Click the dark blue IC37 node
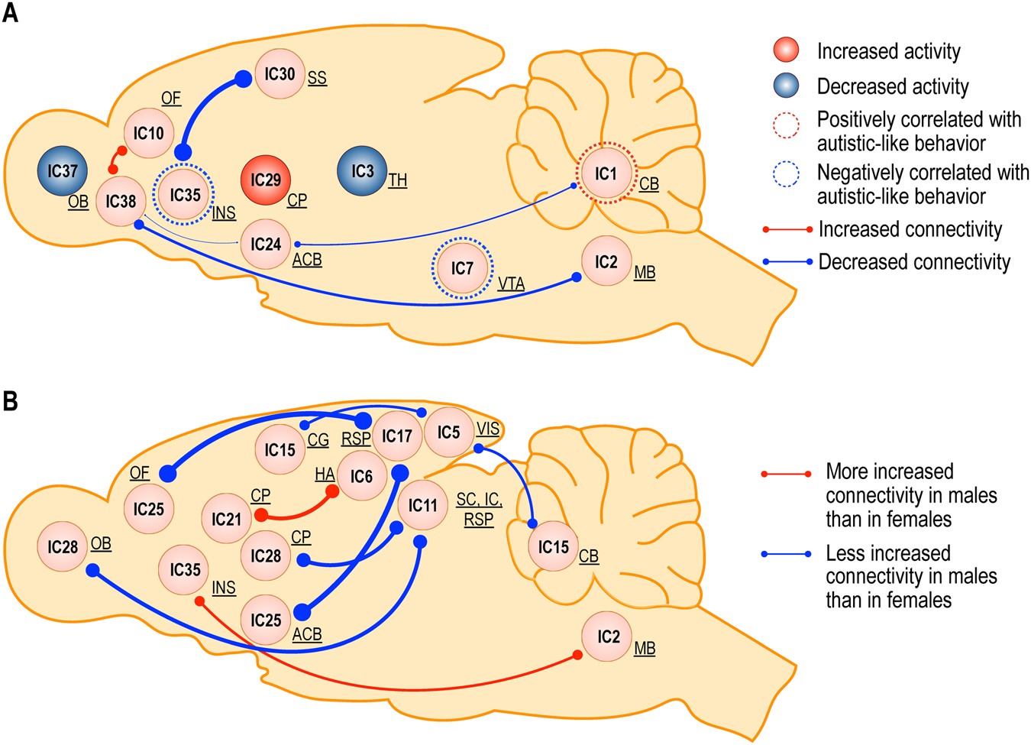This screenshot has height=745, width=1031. tap(63, 171)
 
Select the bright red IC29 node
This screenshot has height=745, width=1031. tap(266, 180)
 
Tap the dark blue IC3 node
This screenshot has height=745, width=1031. tap(362, 171)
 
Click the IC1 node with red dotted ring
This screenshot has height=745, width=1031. tap(606, 173)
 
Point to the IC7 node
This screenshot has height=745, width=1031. tap(462, 268)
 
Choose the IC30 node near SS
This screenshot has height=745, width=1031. tap(280, 74)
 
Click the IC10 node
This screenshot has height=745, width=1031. tap(149, 133)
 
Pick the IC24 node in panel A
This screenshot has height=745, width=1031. tap(266, 245)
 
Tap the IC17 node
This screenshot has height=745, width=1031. tap(397, 436)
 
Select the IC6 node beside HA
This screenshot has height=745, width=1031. tap(361, 477)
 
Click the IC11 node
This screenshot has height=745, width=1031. tap(422, 506)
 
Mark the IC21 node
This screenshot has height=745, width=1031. tap(227, 520)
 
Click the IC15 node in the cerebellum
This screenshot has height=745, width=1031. tap(553, 547)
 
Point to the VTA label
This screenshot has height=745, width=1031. tap(511, 284)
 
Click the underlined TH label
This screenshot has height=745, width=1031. tap(397, 180)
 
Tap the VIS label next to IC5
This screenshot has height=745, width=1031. tap(487, 429)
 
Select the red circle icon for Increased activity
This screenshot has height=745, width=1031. tap(786, 50)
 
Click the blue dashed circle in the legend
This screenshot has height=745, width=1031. tap(786, 175)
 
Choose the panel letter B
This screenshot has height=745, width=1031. tap(11, 401)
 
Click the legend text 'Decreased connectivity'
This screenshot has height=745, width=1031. tap(914, 262)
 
